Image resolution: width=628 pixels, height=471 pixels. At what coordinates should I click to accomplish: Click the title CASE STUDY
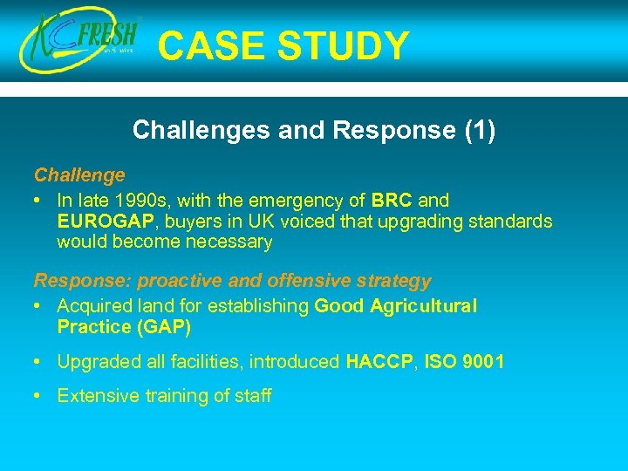click(283, 46)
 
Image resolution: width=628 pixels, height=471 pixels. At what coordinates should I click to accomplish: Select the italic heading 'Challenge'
click(79, 175)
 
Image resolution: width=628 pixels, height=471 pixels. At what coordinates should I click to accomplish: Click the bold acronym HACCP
click(379, 361)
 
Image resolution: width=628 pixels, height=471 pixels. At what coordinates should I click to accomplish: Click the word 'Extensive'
click(93, 396)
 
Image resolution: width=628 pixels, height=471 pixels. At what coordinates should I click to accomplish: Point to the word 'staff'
click(252, 396)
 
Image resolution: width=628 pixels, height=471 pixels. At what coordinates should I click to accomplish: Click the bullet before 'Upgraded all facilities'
click(39, 361)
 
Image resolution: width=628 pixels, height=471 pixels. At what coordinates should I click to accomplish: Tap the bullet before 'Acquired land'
click(39, 306)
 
